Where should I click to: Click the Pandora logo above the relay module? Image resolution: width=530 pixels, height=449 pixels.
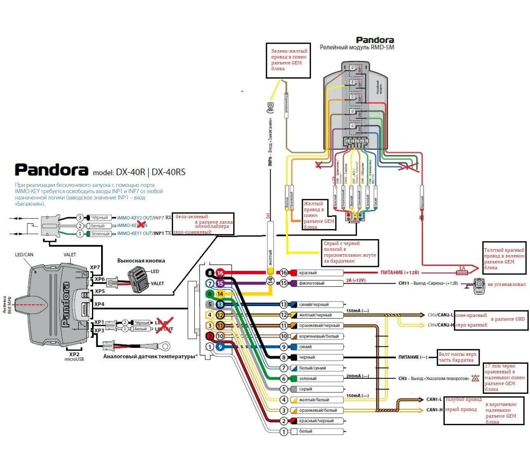pyautogui.click(x=375, y=40)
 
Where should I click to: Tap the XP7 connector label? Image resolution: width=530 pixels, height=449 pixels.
pyautogui.click(x=95, y=268)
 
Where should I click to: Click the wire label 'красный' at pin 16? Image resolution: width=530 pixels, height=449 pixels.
pyautogui.click(x=308, y=273)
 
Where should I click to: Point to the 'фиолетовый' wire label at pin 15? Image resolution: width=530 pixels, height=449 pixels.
pyautogui.click(x=311, y=283)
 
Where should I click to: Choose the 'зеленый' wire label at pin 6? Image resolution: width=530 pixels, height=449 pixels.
pyautogui.click(x=308, y=379)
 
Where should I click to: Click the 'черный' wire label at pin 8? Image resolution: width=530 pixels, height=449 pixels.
pyautogui.click(x=307, y=358)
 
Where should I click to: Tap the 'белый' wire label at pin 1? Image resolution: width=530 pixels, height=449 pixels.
pyautogui.click(x=306, y=431)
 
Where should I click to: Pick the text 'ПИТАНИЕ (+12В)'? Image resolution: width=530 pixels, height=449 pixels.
pyautogui.click(x=400, y=273)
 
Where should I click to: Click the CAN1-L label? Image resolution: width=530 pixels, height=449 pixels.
pyautogui.click(x=434, y=400)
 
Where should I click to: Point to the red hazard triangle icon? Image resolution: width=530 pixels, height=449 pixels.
pyautogui.click(x=475, y=378)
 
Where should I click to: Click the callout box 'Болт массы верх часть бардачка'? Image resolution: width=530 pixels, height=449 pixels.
pyautogui.click(x=458, y=357)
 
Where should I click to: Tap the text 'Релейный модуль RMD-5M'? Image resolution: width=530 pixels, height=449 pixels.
pyautogui.click(x=357, y=47)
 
